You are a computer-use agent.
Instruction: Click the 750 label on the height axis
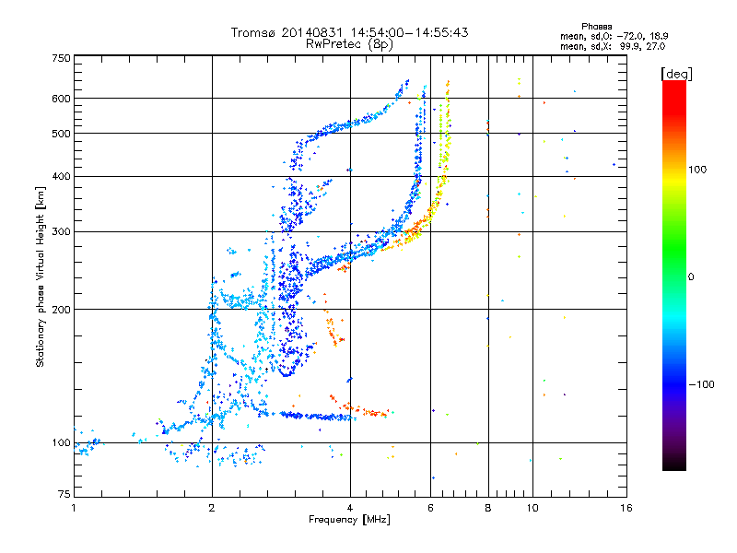[61, 58]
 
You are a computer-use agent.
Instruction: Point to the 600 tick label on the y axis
[61, 99]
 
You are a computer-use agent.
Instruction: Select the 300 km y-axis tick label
[61, 232]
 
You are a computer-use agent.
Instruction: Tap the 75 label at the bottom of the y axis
[64, 494]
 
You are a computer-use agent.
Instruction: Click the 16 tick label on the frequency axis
[626, 508]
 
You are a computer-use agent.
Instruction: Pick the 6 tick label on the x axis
[430, 508]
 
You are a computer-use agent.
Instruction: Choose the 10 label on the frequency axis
[532, 508]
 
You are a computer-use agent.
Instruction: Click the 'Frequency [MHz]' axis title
[349, 520]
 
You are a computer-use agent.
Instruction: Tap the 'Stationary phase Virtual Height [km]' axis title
[41, 277]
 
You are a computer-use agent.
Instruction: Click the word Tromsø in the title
[252, 32]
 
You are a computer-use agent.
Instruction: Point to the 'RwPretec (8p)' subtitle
[349, 44]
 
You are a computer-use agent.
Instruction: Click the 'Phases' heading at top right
[596, 27]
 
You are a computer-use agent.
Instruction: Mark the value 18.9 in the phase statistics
[659, 36]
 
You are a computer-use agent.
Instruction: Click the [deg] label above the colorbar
[676, 75]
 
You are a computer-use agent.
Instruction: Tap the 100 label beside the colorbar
[697, 170]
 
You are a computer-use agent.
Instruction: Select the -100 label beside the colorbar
[702, 384]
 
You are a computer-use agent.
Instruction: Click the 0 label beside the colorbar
[691, 277]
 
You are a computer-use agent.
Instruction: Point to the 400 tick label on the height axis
[61, 177]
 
